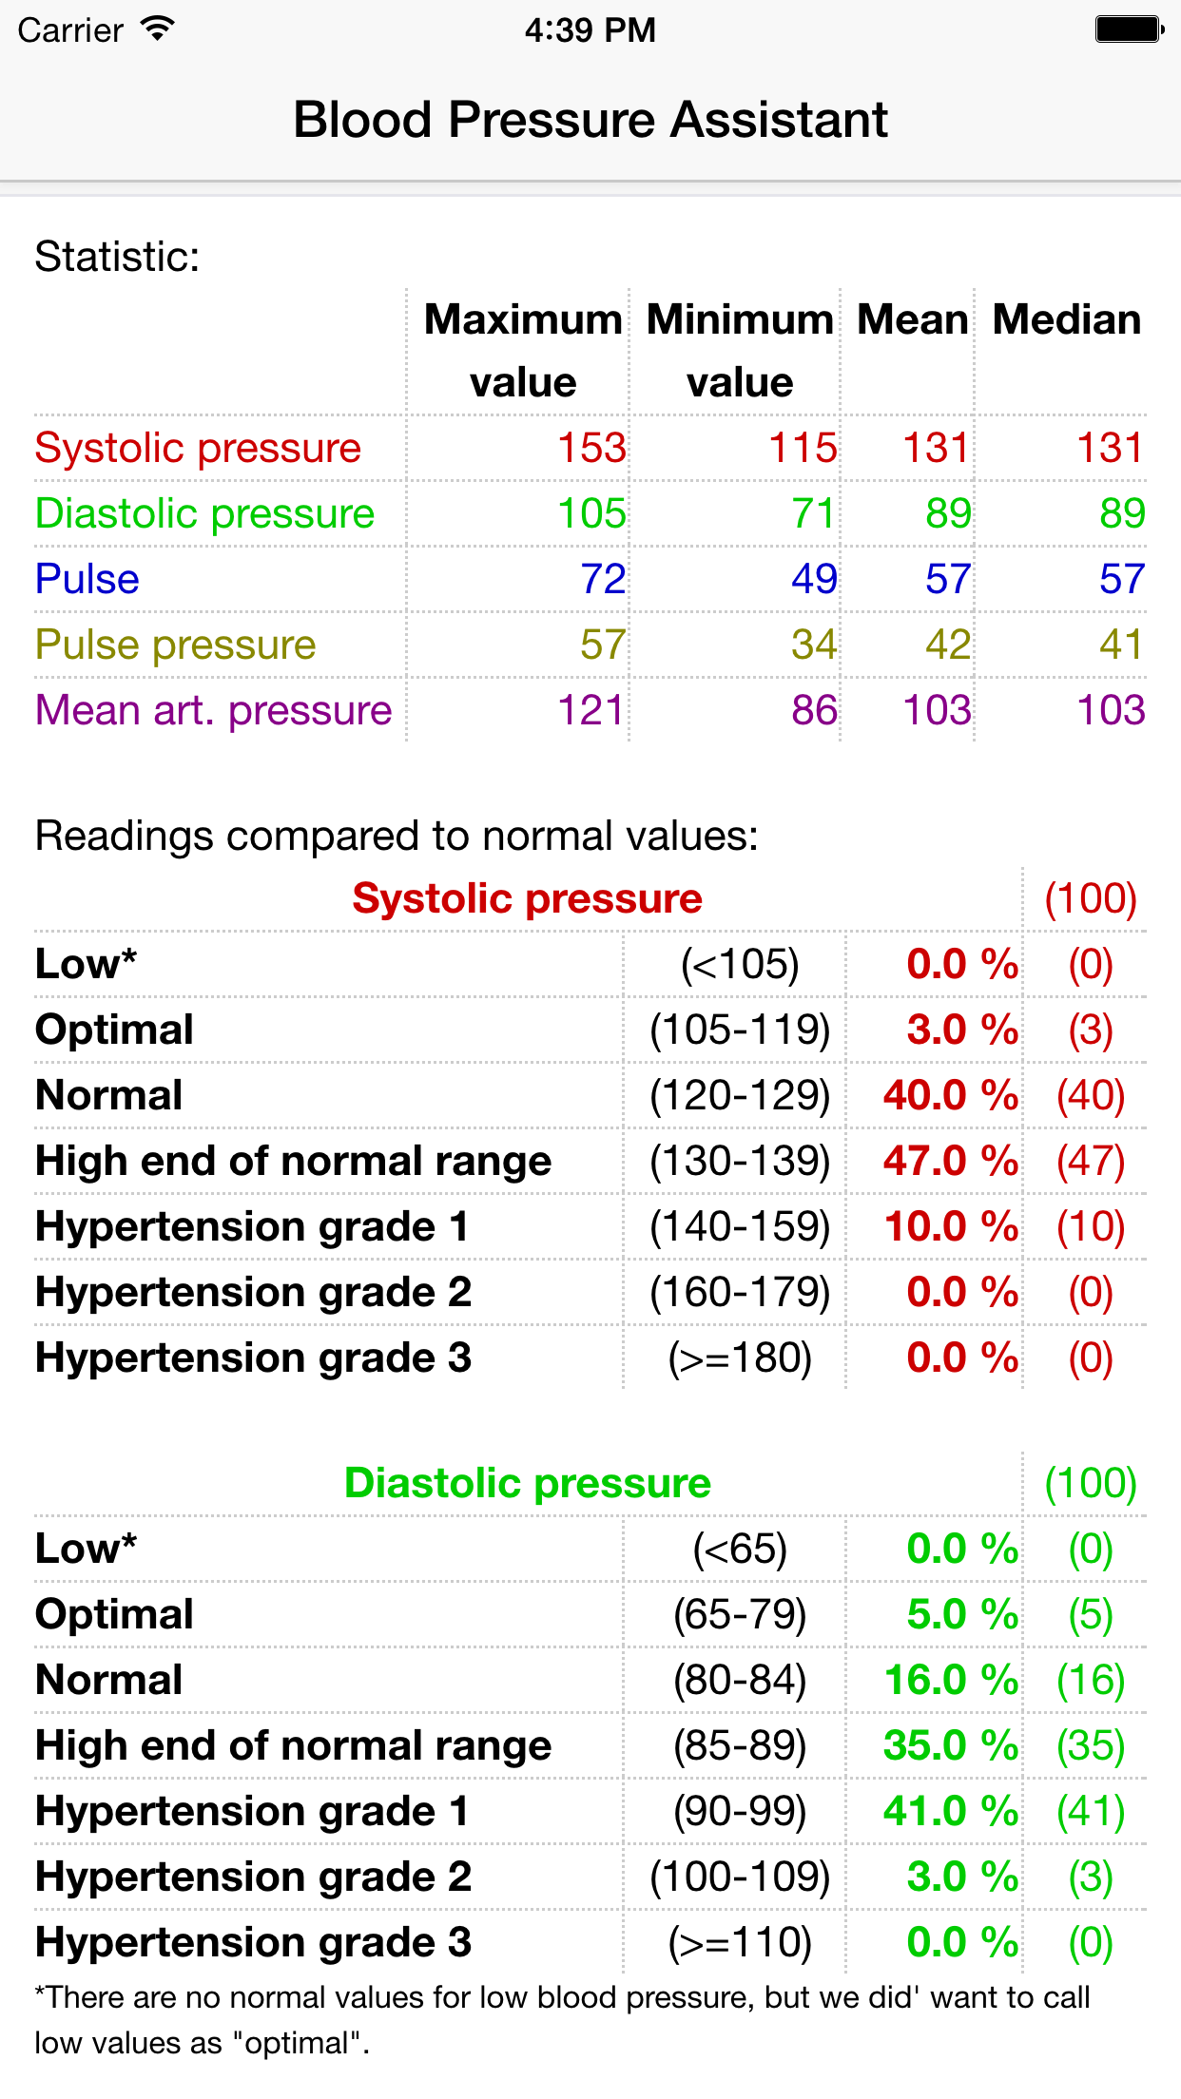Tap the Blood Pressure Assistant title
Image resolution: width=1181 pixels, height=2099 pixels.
[x=590, y=121]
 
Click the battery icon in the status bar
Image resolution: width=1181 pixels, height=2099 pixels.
[x=1129, y=29]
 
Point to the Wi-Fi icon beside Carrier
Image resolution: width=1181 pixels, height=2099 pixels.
[x=157, y=29]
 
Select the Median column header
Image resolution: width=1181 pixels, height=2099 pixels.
[x=1066, y=320]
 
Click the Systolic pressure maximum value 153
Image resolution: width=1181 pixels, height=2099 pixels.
[x=591, y=448]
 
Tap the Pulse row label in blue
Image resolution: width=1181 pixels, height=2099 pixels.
[x=87, y=579]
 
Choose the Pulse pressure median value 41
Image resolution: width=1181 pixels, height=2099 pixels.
[x=1121, y=645]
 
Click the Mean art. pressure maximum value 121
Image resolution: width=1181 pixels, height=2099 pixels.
[x=590, y=710]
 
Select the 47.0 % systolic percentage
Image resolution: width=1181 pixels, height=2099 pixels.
[x=950, y=1161]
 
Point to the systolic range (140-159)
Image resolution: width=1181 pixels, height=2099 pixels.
[x=740, y=1226]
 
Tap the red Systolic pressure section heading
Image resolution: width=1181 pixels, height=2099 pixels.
[x=527, y=898]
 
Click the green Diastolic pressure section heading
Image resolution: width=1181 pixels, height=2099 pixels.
[x=527, y=1483]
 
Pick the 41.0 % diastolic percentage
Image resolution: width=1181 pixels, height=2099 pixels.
[x=950, y=1811]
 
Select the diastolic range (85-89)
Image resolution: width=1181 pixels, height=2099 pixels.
[x=740, y=1745]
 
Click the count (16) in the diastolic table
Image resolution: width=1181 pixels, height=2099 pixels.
[x=1091, y=1680]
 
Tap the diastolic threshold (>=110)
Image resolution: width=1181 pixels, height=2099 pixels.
[x=740, y=1942]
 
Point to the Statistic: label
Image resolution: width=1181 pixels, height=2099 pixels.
[x=118, y=257]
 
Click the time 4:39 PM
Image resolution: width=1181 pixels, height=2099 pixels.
[x=590, y=29]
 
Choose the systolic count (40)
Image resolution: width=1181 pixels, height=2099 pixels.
[x=1091, y=1095]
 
